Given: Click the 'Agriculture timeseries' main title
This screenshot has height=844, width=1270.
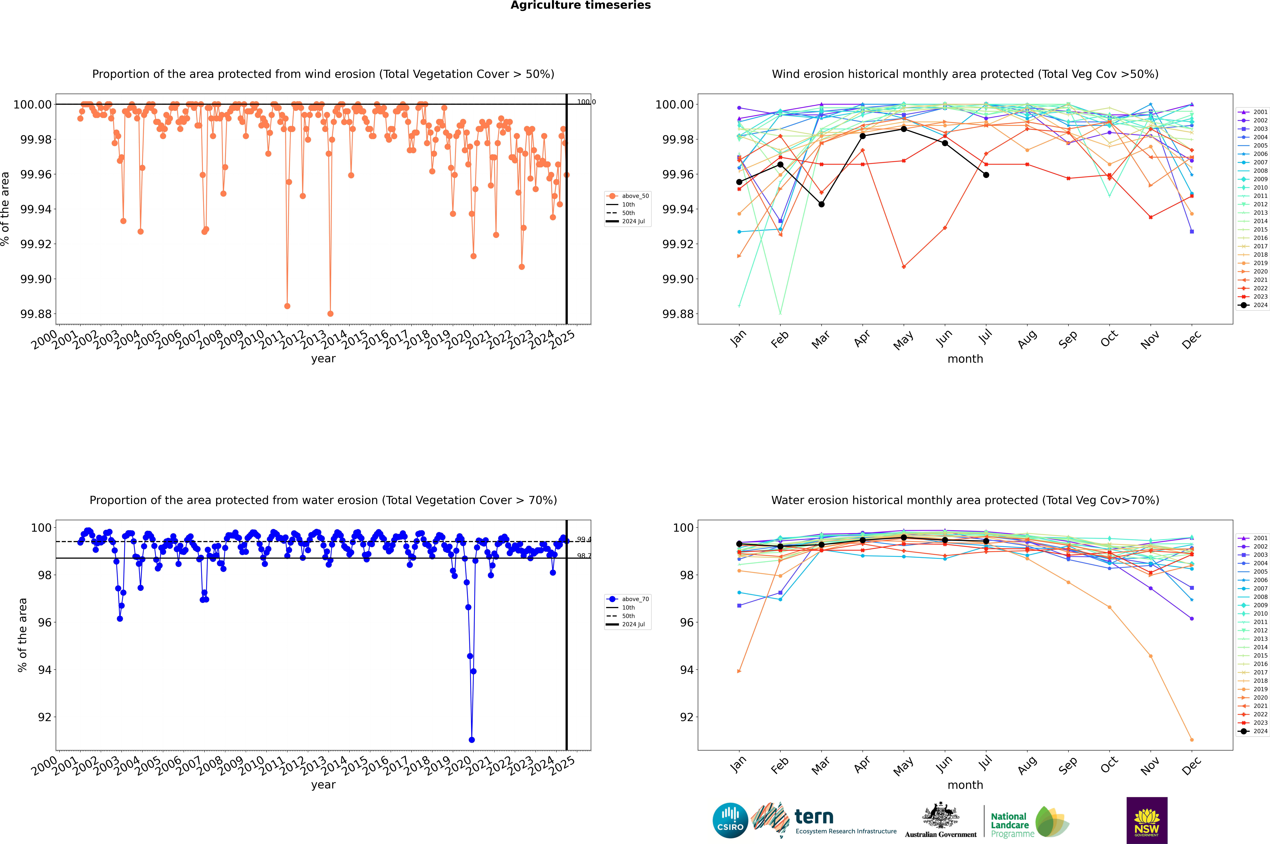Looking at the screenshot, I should tap(580, 5).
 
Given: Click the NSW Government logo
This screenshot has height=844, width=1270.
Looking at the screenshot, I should tap(1147, 820).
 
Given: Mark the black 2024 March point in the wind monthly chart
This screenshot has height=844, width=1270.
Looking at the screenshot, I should tap(821, 205).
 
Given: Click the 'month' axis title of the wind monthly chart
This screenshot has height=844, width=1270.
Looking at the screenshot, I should tap(965, 359).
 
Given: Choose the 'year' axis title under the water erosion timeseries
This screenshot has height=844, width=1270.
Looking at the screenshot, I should tap(323, 785).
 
